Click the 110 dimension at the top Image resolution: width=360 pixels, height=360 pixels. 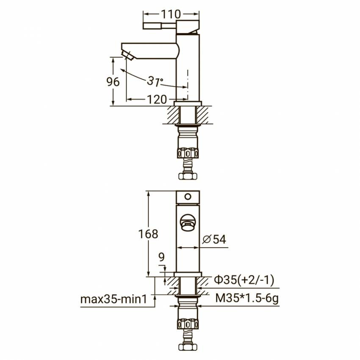pos(171,14)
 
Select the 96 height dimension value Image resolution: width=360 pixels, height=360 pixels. pos(113,82)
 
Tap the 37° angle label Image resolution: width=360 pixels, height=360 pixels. pos(155,81)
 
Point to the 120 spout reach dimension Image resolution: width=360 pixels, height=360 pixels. pos(157,100)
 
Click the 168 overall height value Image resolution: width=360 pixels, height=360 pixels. pos(148,234)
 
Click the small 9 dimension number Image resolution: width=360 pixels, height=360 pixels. pos(162,257)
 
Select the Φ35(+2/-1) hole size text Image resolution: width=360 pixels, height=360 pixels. pos(244,280)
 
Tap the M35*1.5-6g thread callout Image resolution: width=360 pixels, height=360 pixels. pos(247,299)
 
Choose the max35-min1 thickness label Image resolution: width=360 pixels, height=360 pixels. pos(114,299)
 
